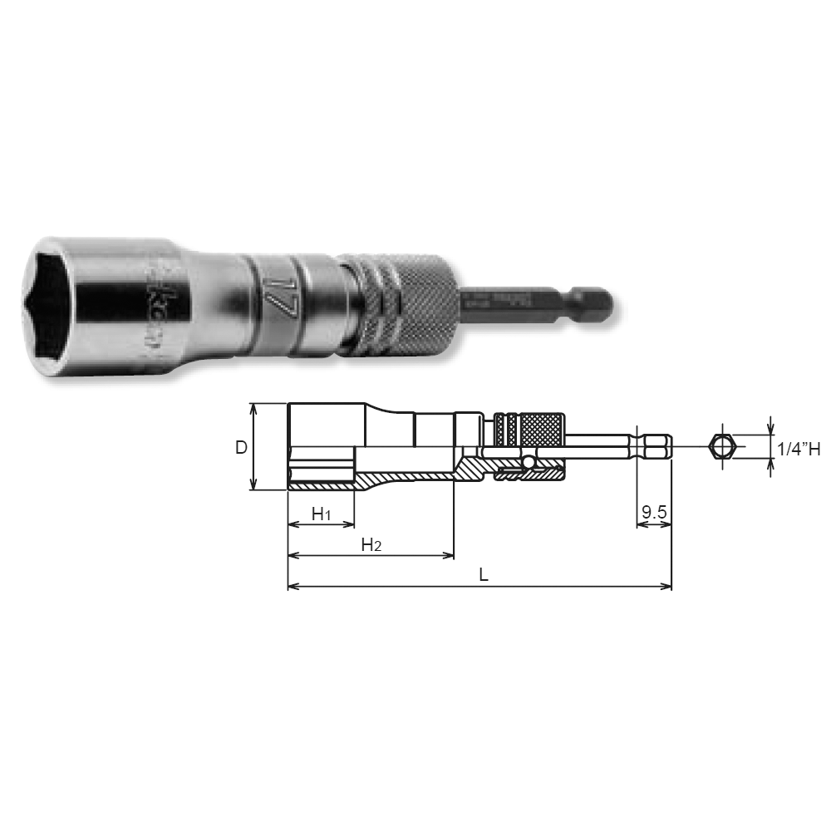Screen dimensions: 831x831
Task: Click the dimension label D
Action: point(240,447)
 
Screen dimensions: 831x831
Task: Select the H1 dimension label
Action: point(321,515)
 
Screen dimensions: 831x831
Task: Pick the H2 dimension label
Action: point(371,545)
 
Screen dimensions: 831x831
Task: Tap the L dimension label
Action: point(482,575)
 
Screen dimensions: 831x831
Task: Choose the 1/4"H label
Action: point(799,449)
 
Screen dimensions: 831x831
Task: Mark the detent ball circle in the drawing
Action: point(529,461)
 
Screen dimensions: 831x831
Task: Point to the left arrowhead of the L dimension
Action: point(292,587)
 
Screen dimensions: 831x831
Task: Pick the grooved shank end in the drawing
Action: point(653,447)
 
